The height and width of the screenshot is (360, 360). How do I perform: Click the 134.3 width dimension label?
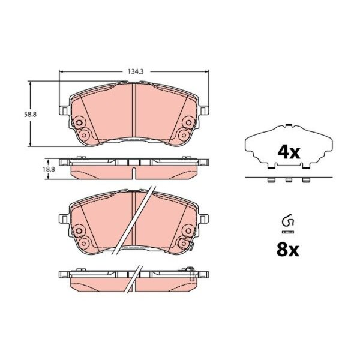(x=136, y=71)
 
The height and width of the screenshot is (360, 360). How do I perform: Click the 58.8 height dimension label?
(x=31, y=115)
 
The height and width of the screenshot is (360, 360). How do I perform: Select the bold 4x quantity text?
(x=289, y=152)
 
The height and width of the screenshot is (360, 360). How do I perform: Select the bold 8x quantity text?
(x=288, y=250)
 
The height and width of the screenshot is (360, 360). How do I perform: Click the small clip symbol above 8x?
(x=288, y=221)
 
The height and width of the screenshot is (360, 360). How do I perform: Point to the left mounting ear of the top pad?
(x=64, y=110)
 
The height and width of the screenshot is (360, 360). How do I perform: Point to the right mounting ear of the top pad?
(x=203, y=110)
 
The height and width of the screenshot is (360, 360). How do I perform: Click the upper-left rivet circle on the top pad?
(x=79, y=123)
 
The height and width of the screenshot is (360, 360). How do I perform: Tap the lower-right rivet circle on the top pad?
(x=184, y=135)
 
